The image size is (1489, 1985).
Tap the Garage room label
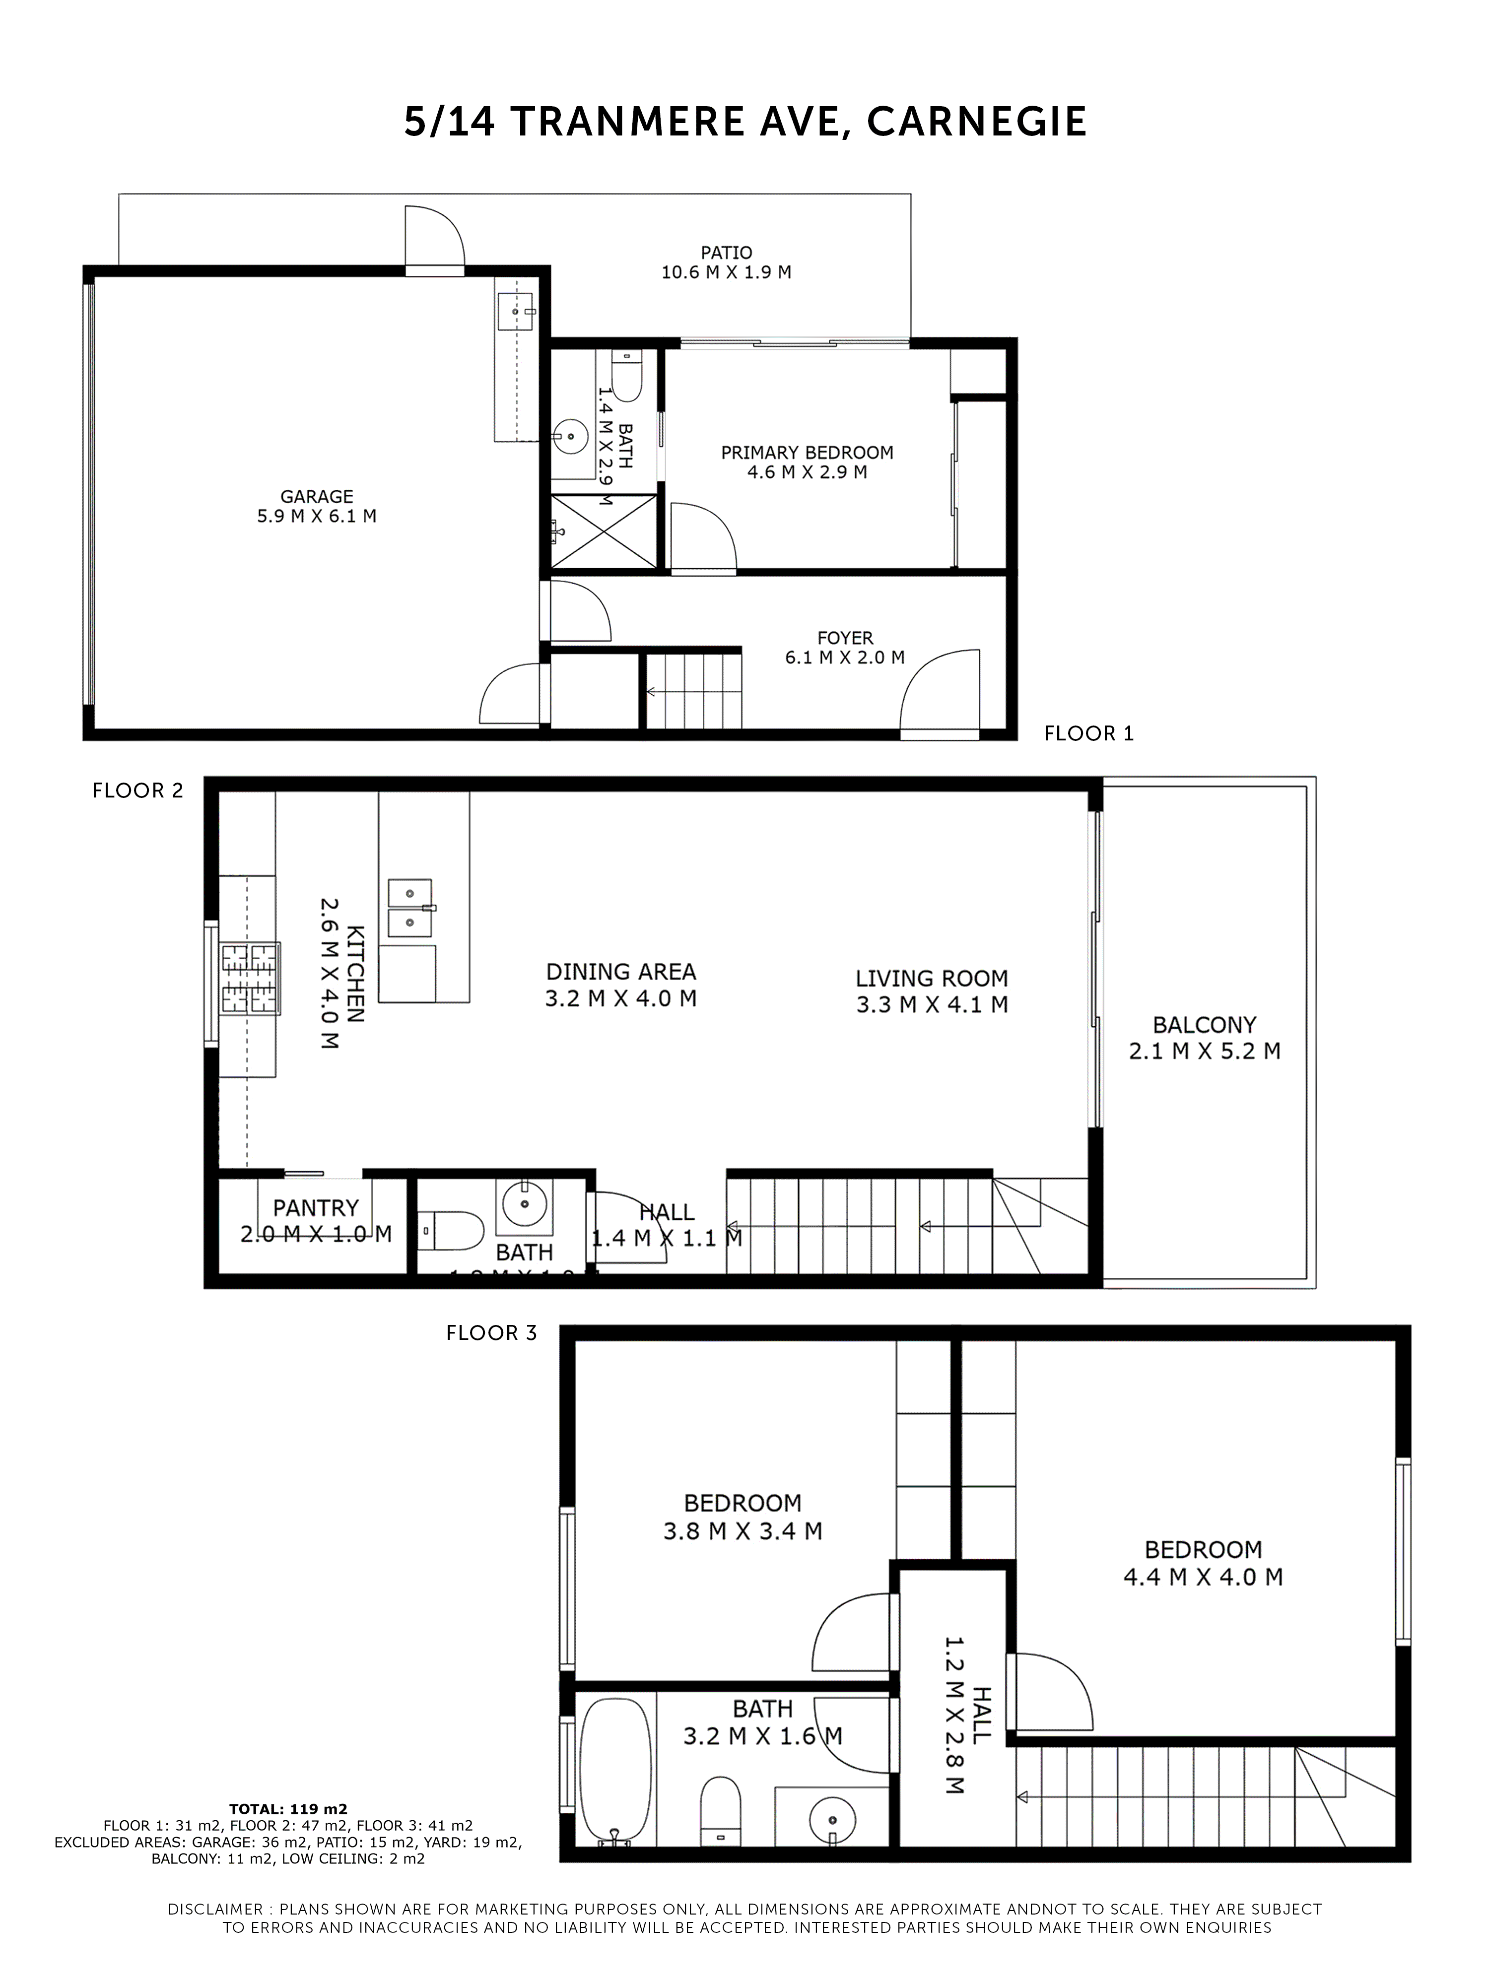[316, 496]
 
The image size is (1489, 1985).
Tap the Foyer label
[845, 638]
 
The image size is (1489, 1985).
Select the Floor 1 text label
[1088, 733]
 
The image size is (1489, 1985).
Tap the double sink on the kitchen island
[409, 907]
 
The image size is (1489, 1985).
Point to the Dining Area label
[621, 971]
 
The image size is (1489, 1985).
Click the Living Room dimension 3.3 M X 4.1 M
[932, 1004]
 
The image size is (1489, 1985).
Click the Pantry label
[316, 1208]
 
